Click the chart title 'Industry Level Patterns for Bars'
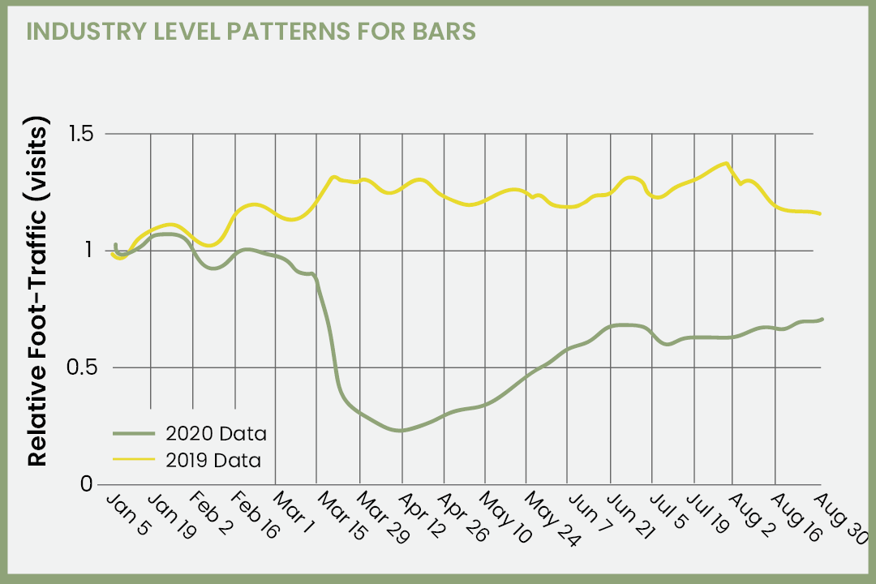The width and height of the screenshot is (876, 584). click(x=251, y=32)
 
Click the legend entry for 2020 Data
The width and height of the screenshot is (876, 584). click(x=214, y=433)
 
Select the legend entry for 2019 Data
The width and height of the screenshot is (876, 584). click(x=214, y=460)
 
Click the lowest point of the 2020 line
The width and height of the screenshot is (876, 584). click(x=400, y=430)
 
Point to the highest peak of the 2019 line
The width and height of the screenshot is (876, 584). click(x=726, y=163)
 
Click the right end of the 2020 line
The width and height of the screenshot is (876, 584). click(x=822, y=319)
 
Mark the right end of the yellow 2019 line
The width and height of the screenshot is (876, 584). click(x=820, y=213)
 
